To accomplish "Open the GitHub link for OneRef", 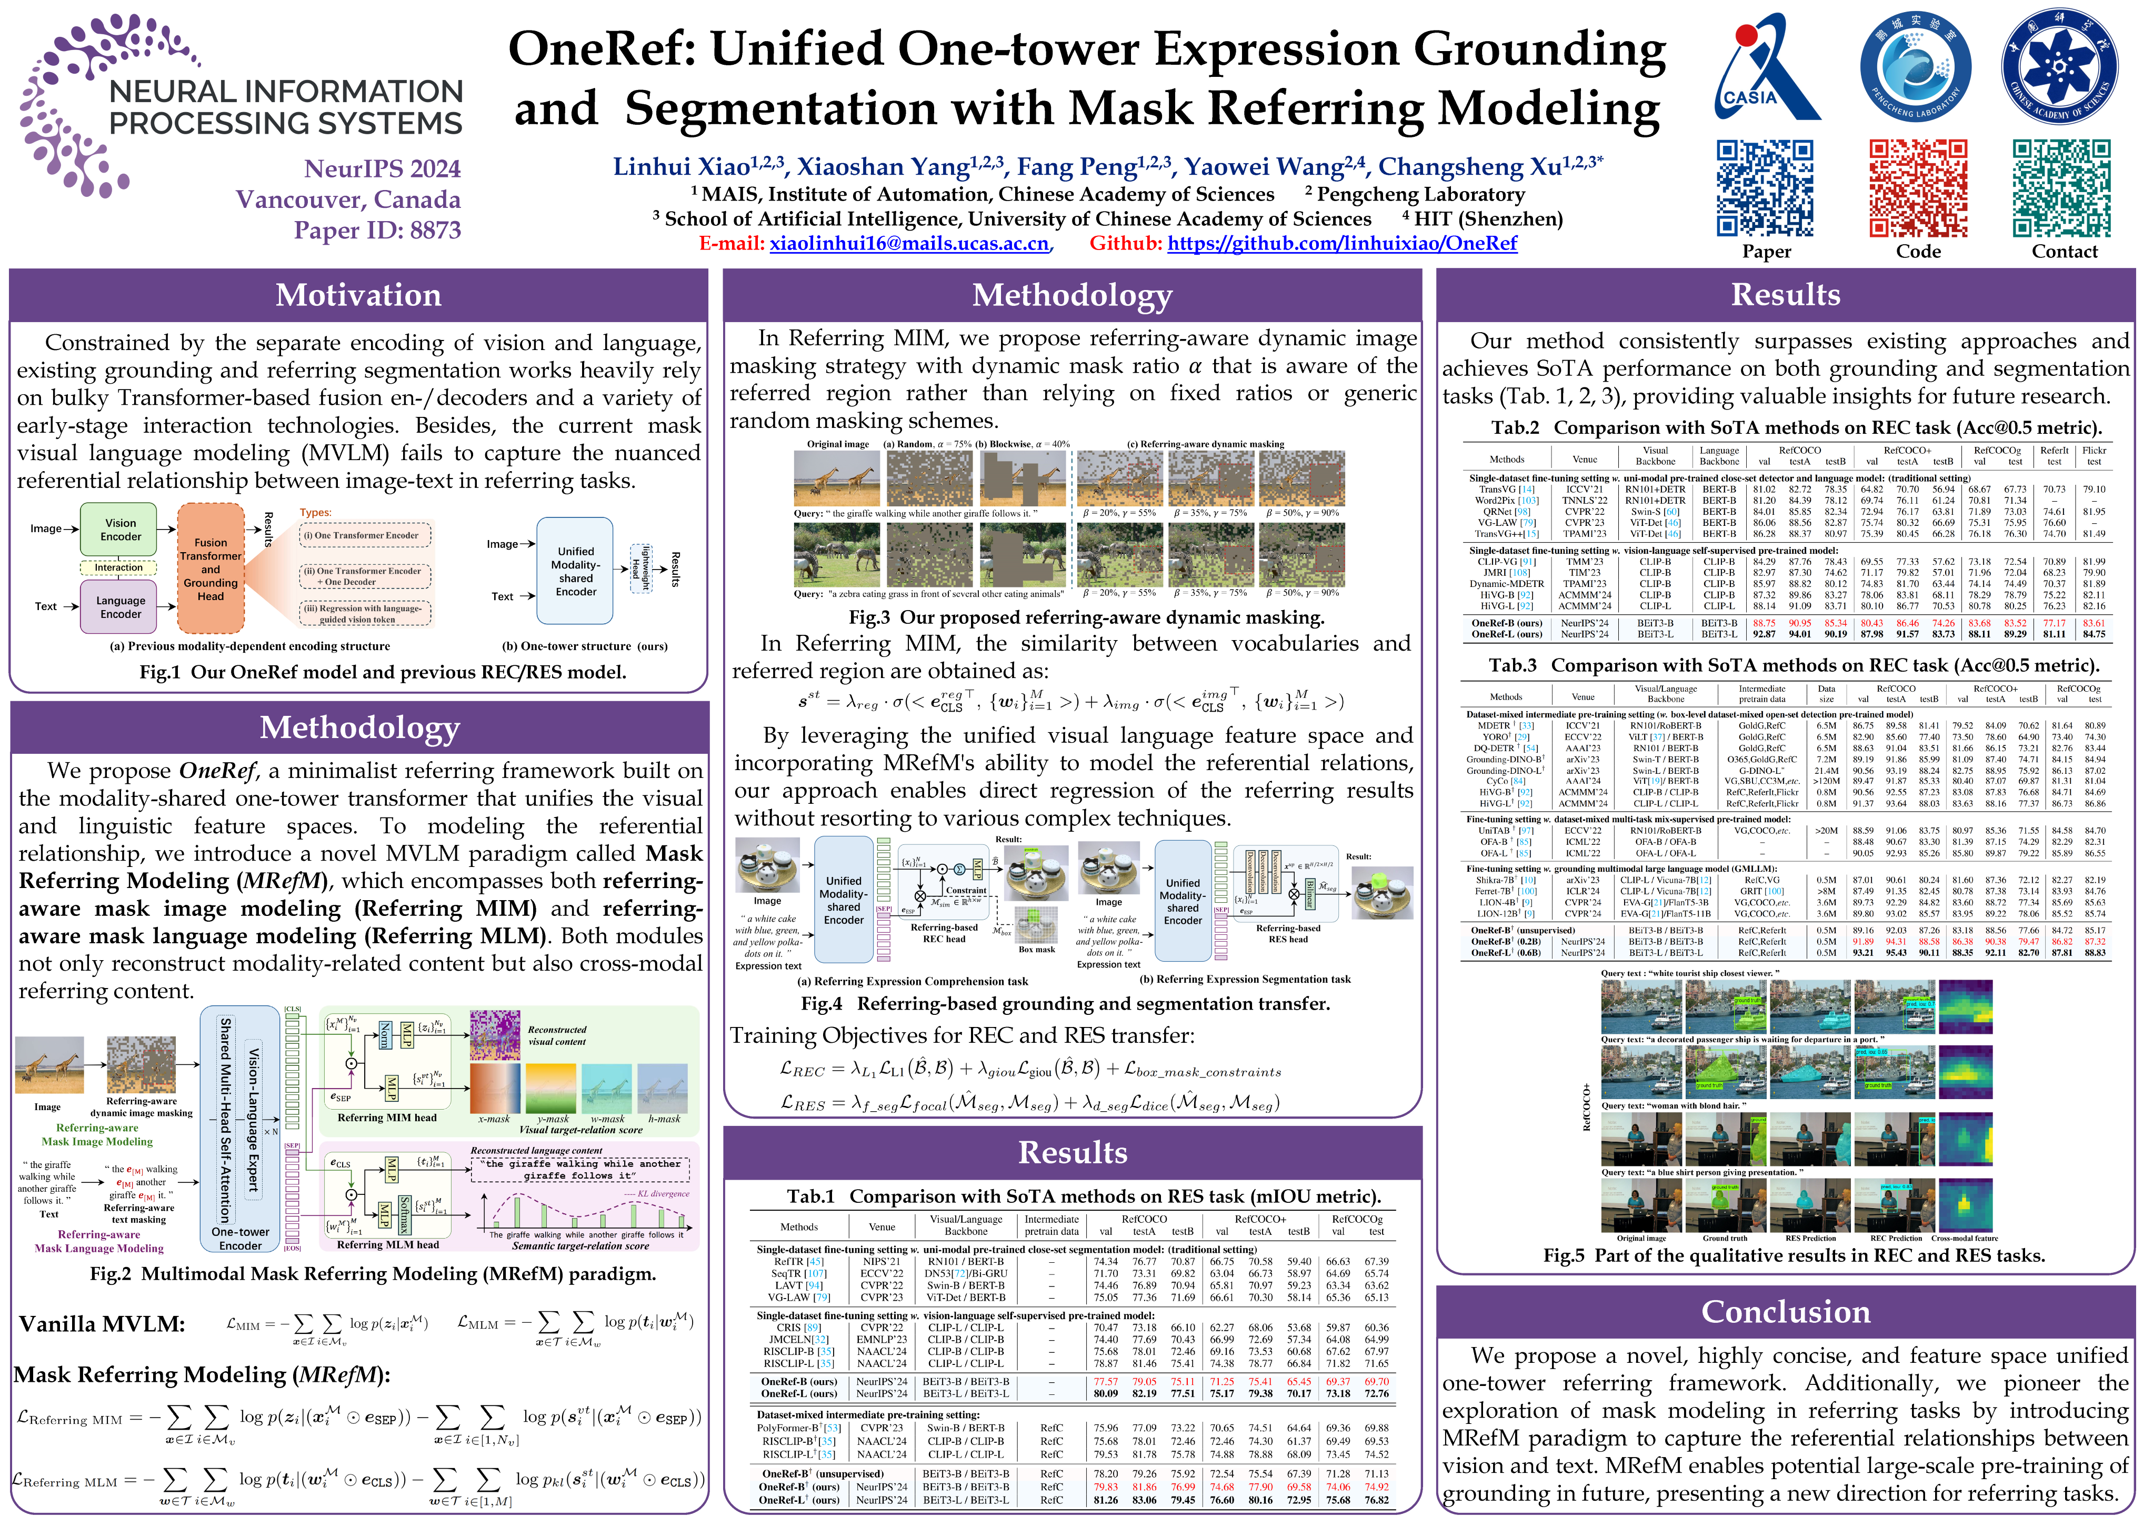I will [x=1341, y=244].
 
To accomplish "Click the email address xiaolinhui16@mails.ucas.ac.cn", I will [x=908, y=244].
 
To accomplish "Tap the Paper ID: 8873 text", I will [x=377, y=230].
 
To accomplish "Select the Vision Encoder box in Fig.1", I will [x=121, y=530].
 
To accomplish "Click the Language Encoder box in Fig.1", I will [x=121, y=607].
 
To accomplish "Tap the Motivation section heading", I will [x=358, y=295].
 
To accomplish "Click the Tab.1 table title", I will [x=1083, y=1196].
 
